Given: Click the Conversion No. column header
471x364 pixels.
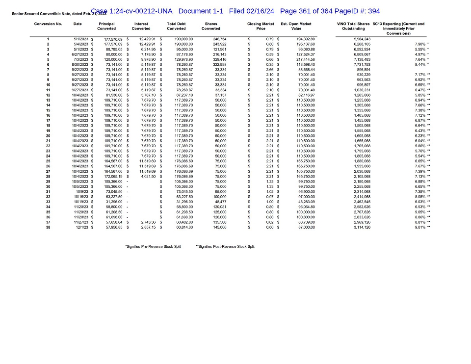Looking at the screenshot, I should pyautogui.click(x=48, y=24).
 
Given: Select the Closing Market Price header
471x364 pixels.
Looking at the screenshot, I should pyautogui.click(x=261, y=26).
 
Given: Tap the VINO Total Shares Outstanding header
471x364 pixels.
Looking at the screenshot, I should pyautogui.click(x=353, y=26).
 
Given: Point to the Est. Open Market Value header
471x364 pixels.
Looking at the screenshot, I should pyautogui.click(x=296, y=26).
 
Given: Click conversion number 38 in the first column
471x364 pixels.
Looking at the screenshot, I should pyautogui.click(x=48, y=228).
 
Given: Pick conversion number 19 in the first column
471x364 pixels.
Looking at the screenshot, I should pyautogui.click(x=48, y=130).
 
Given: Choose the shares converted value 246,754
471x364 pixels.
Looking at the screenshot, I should pyautogui.click(x=219, y=39).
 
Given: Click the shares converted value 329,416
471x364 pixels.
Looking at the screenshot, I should pyautogui.click(x=219, y=59).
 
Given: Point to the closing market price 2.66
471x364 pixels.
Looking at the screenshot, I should pyautogui.click(x=269, y=69).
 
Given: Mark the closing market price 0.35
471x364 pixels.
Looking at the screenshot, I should pyautogui.click(x=269, y=64).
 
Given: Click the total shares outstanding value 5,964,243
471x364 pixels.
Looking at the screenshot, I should pyautogui.click(x=362, y=39).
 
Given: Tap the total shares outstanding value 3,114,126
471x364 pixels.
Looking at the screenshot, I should pyautogui.click(x=362, y=228).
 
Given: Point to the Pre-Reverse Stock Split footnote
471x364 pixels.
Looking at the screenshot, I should pyautogui.click(x=153, y=246).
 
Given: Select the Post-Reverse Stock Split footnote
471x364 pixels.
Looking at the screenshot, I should pyautogui.click(x=225, y=246).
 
